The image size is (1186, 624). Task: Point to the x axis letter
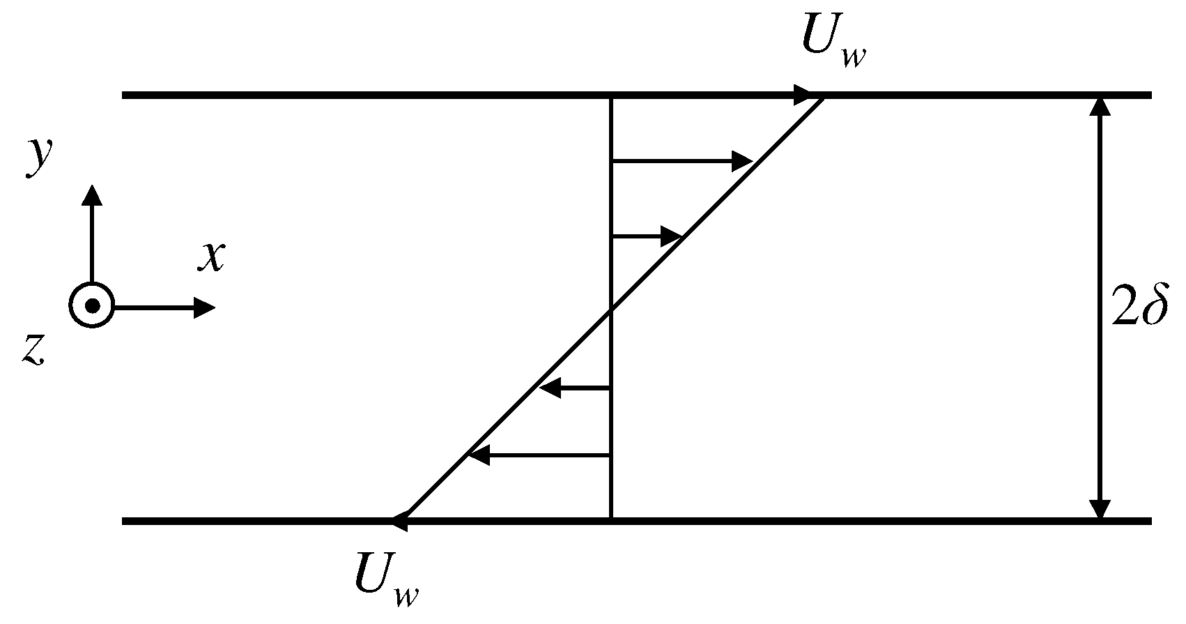211,256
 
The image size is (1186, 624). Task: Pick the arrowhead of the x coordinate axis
206,307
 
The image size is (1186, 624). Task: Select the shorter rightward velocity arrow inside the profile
645,237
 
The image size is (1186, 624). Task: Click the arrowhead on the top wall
806,95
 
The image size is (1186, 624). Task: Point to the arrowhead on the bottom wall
401,520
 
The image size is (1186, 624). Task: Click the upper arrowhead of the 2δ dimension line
1100,106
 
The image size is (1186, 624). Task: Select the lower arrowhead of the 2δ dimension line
1100,510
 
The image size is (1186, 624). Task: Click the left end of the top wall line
124,95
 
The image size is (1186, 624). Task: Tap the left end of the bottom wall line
124,521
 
